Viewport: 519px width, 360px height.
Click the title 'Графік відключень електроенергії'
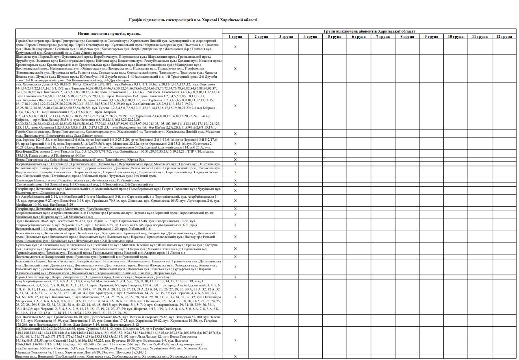pos(193,20)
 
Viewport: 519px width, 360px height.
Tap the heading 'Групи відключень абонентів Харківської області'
pos(369,31)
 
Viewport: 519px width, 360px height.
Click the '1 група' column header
pos(235,37)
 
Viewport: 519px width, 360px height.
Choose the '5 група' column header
pos(334,37)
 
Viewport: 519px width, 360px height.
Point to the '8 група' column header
pos(408,37)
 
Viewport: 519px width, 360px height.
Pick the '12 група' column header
pos(504,37)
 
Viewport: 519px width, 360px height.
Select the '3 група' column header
pos(286,37)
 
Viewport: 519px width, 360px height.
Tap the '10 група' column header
pos(456,37)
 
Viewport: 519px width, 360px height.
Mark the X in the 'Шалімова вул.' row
pos(235,68)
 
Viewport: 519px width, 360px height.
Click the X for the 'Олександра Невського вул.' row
pos(235,180)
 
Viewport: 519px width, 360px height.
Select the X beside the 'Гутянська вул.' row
pos(235,249)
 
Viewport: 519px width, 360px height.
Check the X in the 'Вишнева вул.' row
pos(235,356)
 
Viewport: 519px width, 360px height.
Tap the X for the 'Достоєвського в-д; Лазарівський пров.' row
pos(235,257)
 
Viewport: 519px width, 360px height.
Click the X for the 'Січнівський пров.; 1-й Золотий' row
pos(235,184)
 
